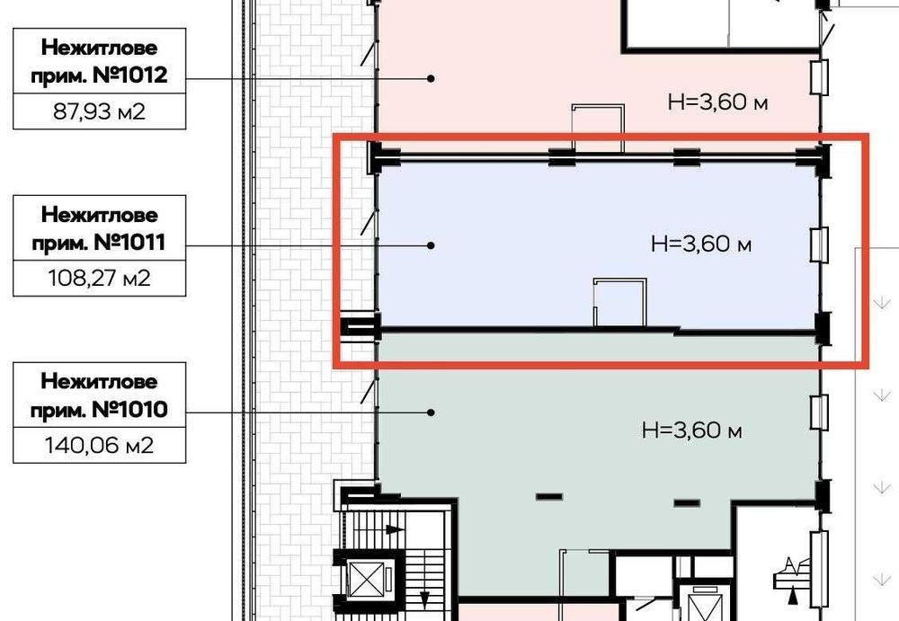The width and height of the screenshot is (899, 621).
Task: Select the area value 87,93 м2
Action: point(99,111)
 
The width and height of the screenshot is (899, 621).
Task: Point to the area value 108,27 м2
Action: point(99,278)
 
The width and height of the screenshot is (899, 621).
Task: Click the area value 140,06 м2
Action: point(99,445)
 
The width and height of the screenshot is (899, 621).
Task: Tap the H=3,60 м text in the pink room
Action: point(717,102)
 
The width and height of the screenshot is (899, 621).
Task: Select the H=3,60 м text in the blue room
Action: point(701,244)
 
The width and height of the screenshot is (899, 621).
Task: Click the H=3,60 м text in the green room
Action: point(692,430)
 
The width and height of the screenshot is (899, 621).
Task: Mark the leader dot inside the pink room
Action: point(432,78)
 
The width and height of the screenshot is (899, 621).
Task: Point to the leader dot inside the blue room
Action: point(432,245)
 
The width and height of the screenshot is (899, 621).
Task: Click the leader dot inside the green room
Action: point(432,413)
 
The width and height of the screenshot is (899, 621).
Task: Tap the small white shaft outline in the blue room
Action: point(619,279)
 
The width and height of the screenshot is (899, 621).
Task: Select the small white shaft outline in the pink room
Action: point(598,106)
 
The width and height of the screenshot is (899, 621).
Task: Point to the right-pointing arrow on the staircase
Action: point(395,529)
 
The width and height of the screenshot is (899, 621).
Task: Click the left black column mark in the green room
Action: point(549,497)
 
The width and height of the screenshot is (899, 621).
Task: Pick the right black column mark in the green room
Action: point(687,503)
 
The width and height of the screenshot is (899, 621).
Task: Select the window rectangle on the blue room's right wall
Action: point(819,244)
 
